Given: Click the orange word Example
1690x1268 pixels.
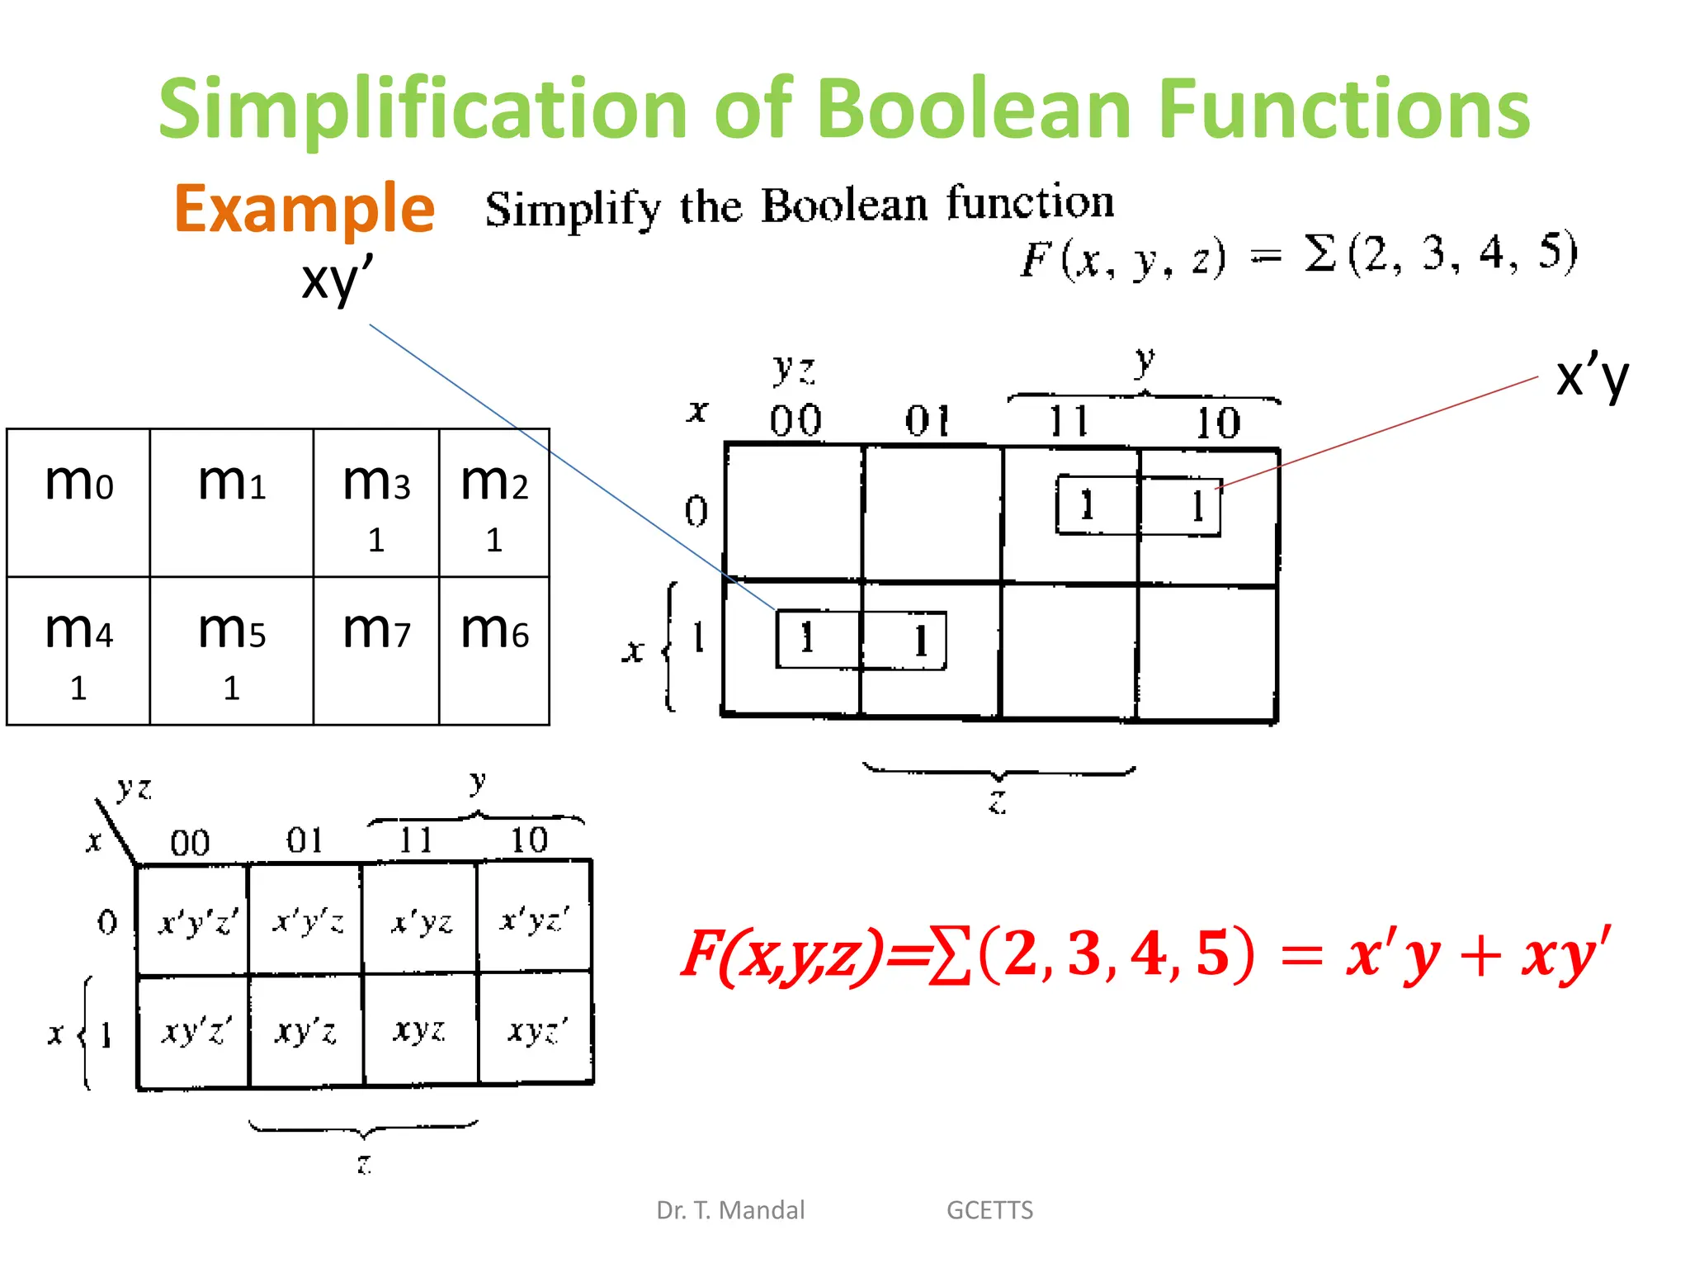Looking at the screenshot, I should (x=304, y=209).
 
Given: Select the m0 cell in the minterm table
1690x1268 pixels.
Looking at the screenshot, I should (x=78, y=502).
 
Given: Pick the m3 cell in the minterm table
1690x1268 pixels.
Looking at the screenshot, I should (x=376, y=502).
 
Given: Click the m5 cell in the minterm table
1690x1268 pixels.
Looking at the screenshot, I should (x=232, y=651).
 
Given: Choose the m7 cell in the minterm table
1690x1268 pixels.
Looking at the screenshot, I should (x=376, y=651).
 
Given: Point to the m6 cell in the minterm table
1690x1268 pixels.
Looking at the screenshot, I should (x=494, y=651).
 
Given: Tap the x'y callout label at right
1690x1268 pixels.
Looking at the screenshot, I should (x=1592, y=377).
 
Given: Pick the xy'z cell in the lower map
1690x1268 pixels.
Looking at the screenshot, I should (x=306, y=1030).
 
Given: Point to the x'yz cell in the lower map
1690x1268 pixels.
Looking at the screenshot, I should (x=422, y=920).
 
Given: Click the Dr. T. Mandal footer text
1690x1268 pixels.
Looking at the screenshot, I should (x=730, y=1209).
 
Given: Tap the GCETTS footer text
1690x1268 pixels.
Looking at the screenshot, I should (x=989, y=1209).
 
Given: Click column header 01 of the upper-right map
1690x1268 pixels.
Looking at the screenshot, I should (x=927, y=422).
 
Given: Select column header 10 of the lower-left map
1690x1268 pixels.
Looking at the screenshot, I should (x=528, y=840).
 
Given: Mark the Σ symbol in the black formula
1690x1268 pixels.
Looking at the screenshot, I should (x=1320, y=253).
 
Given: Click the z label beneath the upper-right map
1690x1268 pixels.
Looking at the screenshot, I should (x=998, y=801).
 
